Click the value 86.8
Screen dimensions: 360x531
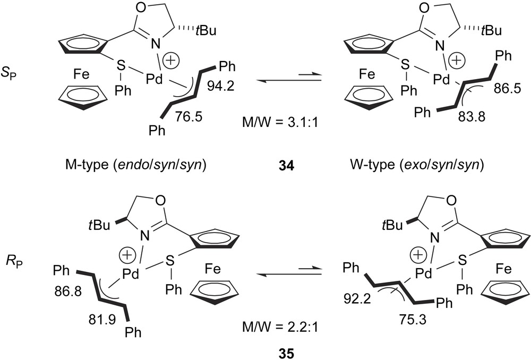pos(66,292)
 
